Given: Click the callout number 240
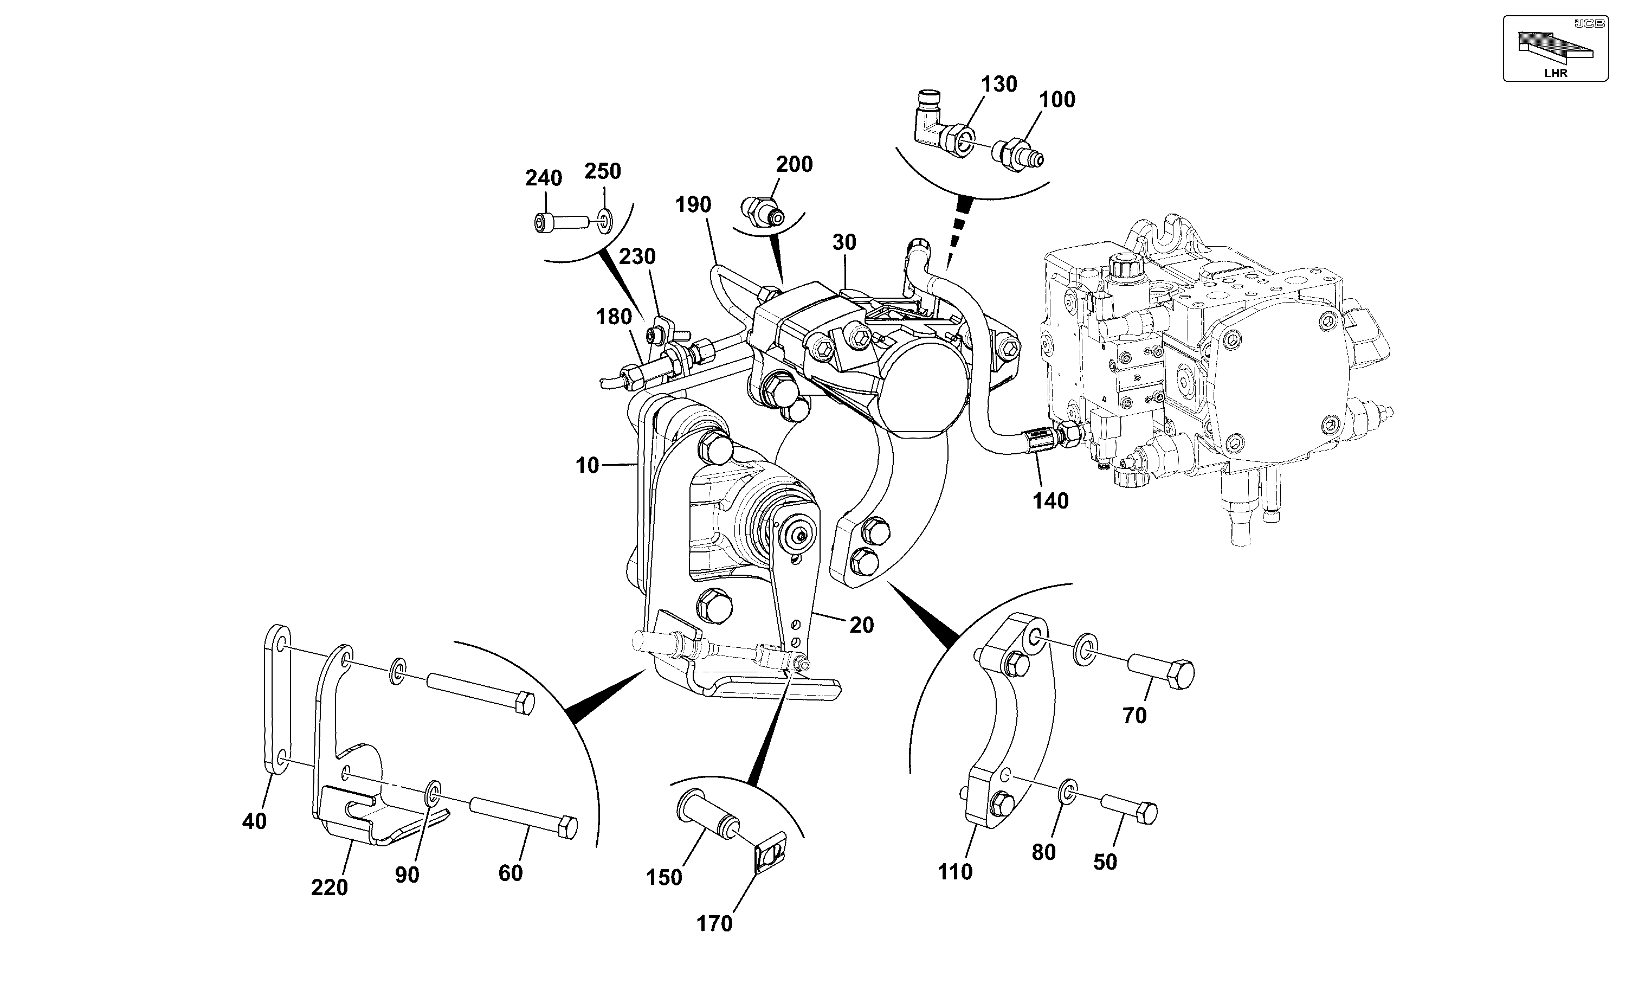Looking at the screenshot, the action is pyautogui.click(x=544, y=178).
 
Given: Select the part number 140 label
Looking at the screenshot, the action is pyautogui.click(x=1050, y=501).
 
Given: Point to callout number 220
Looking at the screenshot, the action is pyautogui.click(x=330, y=888).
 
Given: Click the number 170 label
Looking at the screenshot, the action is pyautogui.click(x=714, y=924).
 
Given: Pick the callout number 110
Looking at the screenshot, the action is pyautogui.click(x=955, y=872).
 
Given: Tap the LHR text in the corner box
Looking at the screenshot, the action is pyautogui.click(x=1555, y=74).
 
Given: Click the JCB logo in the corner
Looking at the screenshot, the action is pyautogui.click(x=1590, y=24).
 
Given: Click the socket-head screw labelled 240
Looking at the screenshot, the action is pyautogui.click(x=561, y=222).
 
